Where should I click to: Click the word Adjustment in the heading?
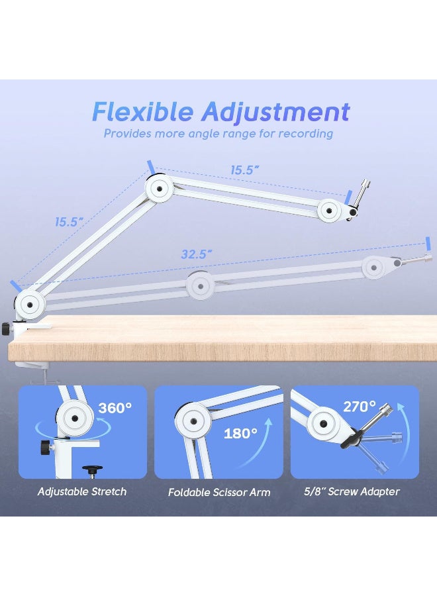tap(276, 111)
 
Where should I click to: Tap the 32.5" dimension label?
tap(196, 254)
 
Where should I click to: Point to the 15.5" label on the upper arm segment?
tap(244, 170)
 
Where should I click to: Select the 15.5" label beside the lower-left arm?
tap(69, 223)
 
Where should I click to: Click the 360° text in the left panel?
tap(115, 408)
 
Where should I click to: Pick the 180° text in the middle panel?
tap(240, 434)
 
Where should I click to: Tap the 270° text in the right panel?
tap(360, 406)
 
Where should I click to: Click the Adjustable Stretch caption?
tap(82, 491)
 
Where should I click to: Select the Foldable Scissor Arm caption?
tap(219, 492)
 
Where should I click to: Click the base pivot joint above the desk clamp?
tap(28, 304)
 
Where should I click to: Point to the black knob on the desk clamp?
tap(6, 328)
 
